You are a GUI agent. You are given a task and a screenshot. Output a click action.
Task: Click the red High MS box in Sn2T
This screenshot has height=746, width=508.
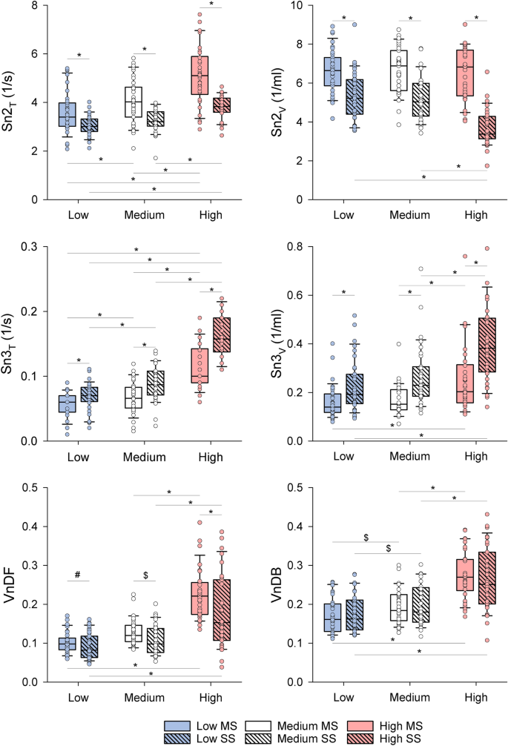pos(199,75)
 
